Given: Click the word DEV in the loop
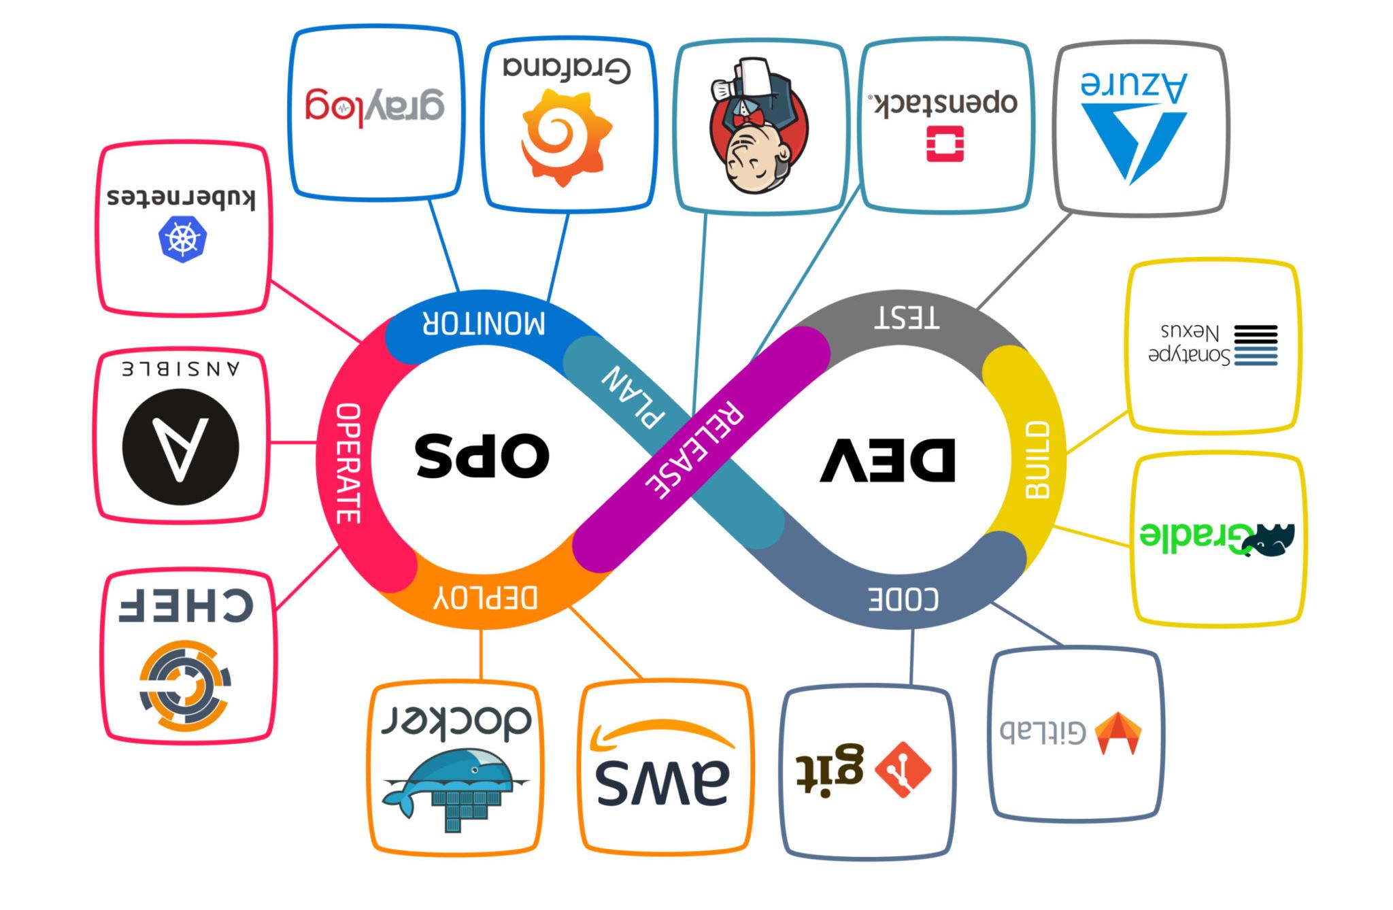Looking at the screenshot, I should [888, 460].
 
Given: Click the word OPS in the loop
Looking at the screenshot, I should [482, 454].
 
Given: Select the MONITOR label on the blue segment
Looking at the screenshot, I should [484, 323].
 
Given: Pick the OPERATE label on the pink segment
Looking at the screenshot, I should [348, 463].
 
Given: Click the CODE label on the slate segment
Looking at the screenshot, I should [903, 599].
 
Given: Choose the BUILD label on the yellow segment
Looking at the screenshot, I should [1037, 460].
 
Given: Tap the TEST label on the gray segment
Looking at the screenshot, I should [907, 318].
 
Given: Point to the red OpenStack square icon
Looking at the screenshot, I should [945, 144].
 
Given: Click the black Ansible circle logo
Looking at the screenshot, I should [180, 447].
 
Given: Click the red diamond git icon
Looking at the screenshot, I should [903, 769].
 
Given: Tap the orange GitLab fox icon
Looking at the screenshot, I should [1119, 733].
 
